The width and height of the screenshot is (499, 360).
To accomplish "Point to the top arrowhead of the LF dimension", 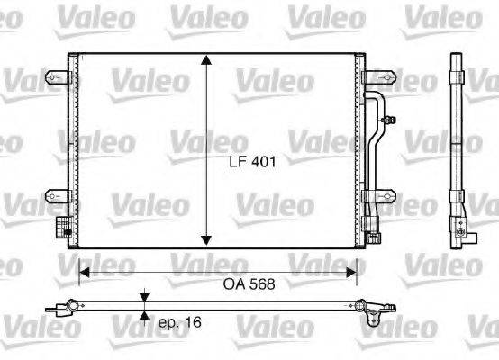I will coord(207,60).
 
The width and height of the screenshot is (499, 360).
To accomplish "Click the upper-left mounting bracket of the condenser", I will coord(59,79).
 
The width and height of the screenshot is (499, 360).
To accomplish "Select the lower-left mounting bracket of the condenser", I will coord(59,195).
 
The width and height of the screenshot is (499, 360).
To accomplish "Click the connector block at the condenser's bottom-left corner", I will coord(63,226).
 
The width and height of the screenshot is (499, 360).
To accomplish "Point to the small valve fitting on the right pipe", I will coord(387,118).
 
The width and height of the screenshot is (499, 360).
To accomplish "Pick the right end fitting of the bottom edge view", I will coord(368,309).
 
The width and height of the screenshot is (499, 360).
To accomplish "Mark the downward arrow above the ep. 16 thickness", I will coord(144,297).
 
